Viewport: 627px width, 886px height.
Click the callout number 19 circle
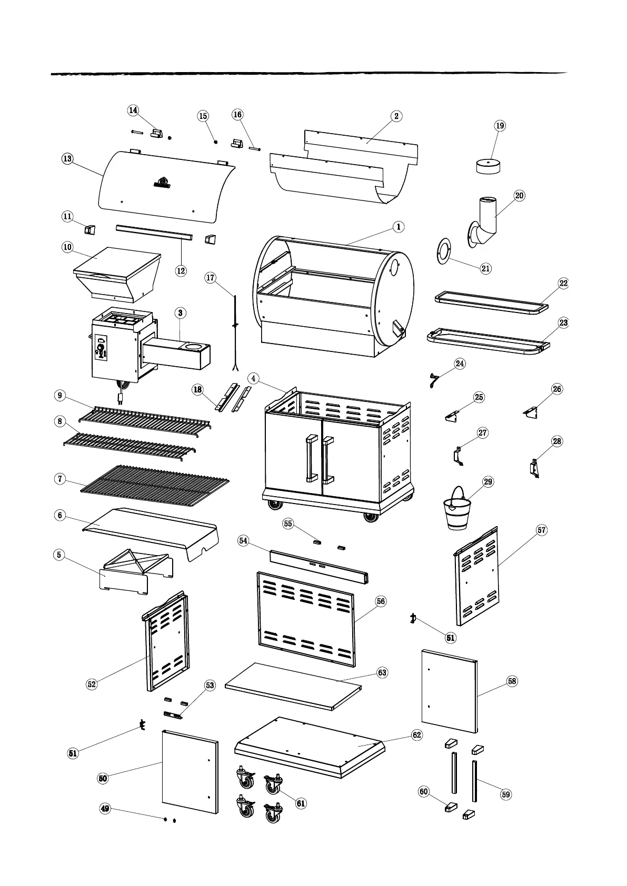500,126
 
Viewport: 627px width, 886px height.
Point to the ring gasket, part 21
443,249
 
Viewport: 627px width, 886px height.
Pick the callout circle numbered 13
68,158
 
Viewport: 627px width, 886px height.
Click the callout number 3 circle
180,313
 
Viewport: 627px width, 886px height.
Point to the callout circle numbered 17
211,277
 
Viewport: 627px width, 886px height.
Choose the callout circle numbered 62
416,735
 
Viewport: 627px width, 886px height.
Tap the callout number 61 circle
301,803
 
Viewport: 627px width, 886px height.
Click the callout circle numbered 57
542,530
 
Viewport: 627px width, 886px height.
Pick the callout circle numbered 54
243,541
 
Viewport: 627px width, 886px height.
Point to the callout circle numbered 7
60,479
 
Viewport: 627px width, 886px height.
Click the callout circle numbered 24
460,364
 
